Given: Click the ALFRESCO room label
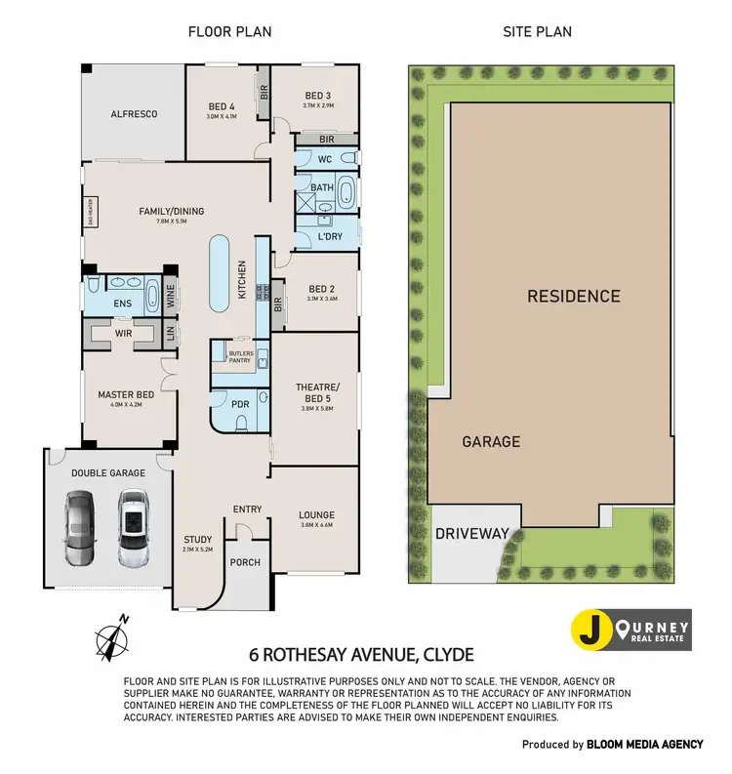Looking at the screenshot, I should (x=134, y=114).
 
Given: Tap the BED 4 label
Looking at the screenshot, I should (x=222, y=106).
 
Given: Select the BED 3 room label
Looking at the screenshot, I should (x=319, y=95).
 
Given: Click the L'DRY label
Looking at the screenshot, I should (x=330, y=236).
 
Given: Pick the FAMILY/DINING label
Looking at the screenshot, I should (x=171, y=211).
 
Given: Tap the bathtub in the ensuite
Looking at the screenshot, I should (x=153, y=294).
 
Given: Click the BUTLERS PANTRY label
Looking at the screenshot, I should (x=239, y=356).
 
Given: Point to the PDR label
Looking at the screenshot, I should (x=241, y=404).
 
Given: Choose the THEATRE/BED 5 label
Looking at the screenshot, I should (x=314, y=392).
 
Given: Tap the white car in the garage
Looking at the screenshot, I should (x=133, y=529).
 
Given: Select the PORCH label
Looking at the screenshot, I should (x=243, y=562).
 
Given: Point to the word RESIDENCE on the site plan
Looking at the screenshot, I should (x=573, y=296).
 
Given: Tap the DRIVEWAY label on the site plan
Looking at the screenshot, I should (x=472, y=534).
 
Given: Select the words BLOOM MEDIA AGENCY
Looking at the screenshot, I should (x=644, y=744).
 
